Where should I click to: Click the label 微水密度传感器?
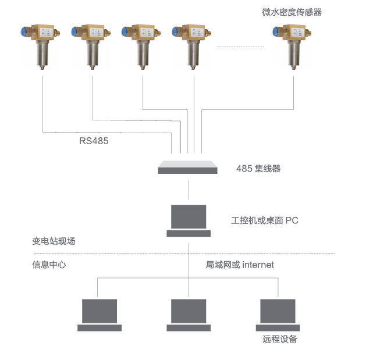292,12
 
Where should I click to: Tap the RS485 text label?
94,140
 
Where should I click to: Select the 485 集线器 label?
258,169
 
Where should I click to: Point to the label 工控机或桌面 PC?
265,220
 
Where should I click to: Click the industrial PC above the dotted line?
189,221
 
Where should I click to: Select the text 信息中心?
49,265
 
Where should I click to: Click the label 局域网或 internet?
240,265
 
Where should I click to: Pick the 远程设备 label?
280,339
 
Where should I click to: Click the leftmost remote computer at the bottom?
100,315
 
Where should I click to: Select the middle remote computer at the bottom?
189,315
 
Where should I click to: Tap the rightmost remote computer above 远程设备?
278,315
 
